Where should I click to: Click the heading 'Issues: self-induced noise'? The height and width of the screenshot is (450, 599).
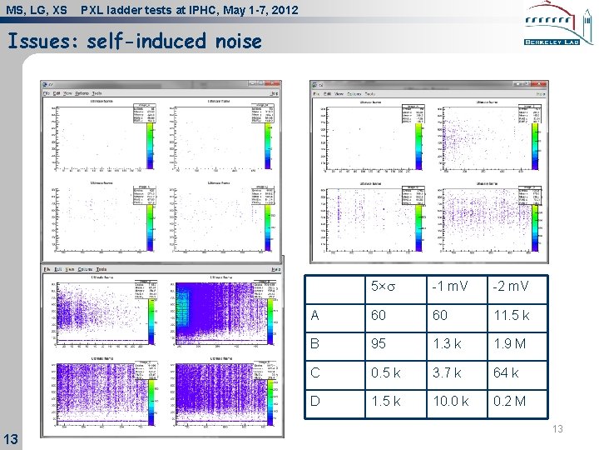134,41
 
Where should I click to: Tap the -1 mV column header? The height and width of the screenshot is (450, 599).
448,287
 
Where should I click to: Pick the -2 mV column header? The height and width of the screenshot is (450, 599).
510,287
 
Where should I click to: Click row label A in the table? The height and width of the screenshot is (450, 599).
314,315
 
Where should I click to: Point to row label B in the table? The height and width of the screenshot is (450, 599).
314,343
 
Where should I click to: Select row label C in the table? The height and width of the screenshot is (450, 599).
314,372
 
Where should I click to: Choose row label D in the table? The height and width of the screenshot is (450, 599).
314,402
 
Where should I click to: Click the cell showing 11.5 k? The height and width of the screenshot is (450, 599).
511,315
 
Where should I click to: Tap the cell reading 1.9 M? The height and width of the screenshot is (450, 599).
510,343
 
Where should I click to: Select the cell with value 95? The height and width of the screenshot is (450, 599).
379,343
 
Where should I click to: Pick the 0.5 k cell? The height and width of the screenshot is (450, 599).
385,372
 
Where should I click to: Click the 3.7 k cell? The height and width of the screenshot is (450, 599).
448,372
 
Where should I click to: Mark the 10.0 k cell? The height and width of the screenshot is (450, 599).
451,402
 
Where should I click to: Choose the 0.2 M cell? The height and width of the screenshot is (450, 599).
510,402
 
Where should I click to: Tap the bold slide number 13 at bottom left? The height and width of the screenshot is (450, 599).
12,438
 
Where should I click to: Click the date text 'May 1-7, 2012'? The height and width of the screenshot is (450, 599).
256,10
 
